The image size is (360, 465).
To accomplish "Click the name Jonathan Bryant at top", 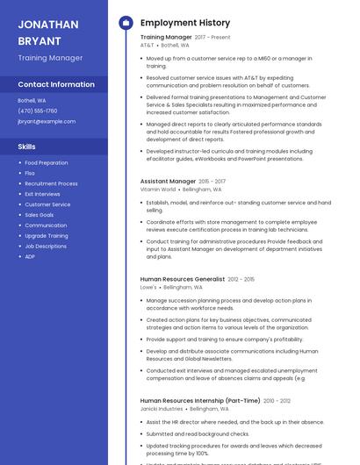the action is click(x=48, y=32).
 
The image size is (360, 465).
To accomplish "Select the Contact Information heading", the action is click(x=56, y=84).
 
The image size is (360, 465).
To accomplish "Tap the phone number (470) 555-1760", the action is click(x=38, y=111).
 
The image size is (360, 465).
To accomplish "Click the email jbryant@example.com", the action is click(x=47, y=121).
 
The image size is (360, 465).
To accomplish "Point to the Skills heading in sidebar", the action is click(x=27, y=147).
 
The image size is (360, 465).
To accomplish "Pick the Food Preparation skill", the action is click(x=47, y=162).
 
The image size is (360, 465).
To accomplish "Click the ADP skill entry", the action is click(x=30, y=256).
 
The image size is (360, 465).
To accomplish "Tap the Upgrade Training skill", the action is click(x=47, y=235).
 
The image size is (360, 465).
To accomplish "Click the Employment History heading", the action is click(x=185, y=23).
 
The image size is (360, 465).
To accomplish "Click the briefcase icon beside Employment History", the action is click(x=125, y=23).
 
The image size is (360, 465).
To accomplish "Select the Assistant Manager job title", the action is click(x=168, y=181).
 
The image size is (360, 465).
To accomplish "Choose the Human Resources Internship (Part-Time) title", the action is click(x=200, y=400).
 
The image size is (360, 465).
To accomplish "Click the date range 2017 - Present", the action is click(x=212, y=38).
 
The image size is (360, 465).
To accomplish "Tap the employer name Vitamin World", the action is click(x=158, y=190).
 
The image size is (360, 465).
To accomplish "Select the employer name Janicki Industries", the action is click(x=162, y=409).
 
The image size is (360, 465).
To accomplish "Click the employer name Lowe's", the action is click(x=148, y=287).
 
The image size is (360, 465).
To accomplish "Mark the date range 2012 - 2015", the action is click(x=241, y=279).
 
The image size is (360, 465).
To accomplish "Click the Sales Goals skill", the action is click(x=40, y=215).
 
